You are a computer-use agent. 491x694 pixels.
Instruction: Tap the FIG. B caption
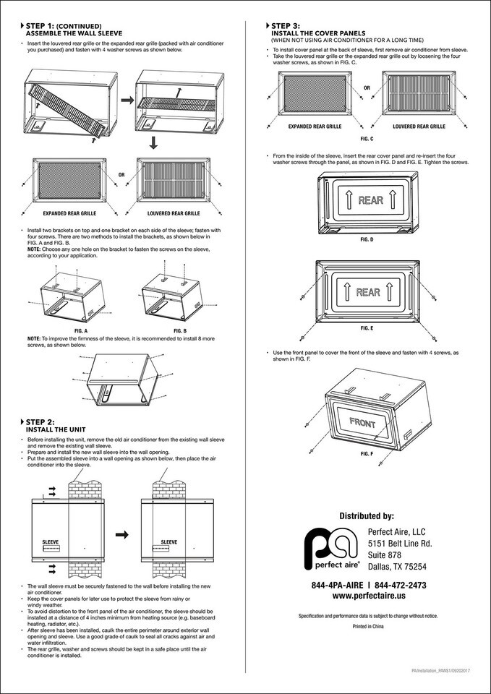point(179,330)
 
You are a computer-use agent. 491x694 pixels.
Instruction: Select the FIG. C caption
point(367,138)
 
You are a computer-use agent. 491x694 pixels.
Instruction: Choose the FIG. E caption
point(367,328)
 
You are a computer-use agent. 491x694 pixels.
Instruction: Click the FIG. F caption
point(367,453)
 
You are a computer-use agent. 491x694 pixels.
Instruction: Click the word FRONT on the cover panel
point(362,421)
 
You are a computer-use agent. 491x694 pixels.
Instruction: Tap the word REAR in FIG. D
point(370,200)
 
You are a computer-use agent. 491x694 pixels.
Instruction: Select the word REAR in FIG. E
point(367,292)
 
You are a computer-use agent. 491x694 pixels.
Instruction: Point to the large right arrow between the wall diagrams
point(123,534)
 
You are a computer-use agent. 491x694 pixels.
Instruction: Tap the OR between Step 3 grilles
point(367,88)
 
